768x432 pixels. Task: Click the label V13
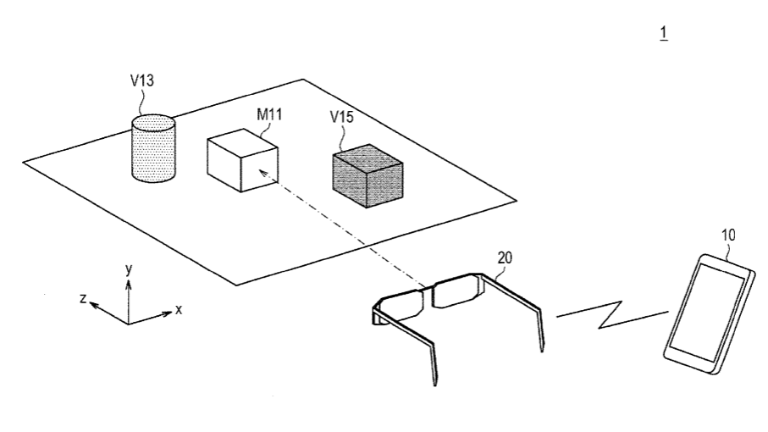[142, 80]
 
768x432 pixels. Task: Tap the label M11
[269, 114]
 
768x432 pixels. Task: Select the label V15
[341, 117]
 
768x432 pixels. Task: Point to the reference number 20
[505, 258]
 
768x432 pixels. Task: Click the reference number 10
[728, 235]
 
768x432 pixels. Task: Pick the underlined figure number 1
[664, 33]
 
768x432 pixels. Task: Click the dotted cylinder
[153, 148]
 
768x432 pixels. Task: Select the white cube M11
[242, 160]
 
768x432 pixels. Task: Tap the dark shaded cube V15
[367, 176]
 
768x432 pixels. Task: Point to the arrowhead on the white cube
[262, 173]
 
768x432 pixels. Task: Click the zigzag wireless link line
[612, 314]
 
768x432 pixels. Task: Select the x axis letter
[179, 309]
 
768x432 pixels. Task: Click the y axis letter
[129, 269]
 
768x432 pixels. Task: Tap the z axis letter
[83, 298]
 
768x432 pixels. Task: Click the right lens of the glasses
[453, 292]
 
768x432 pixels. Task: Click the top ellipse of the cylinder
[153, 123]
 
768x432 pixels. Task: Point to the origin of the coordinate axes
[129, 324]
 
